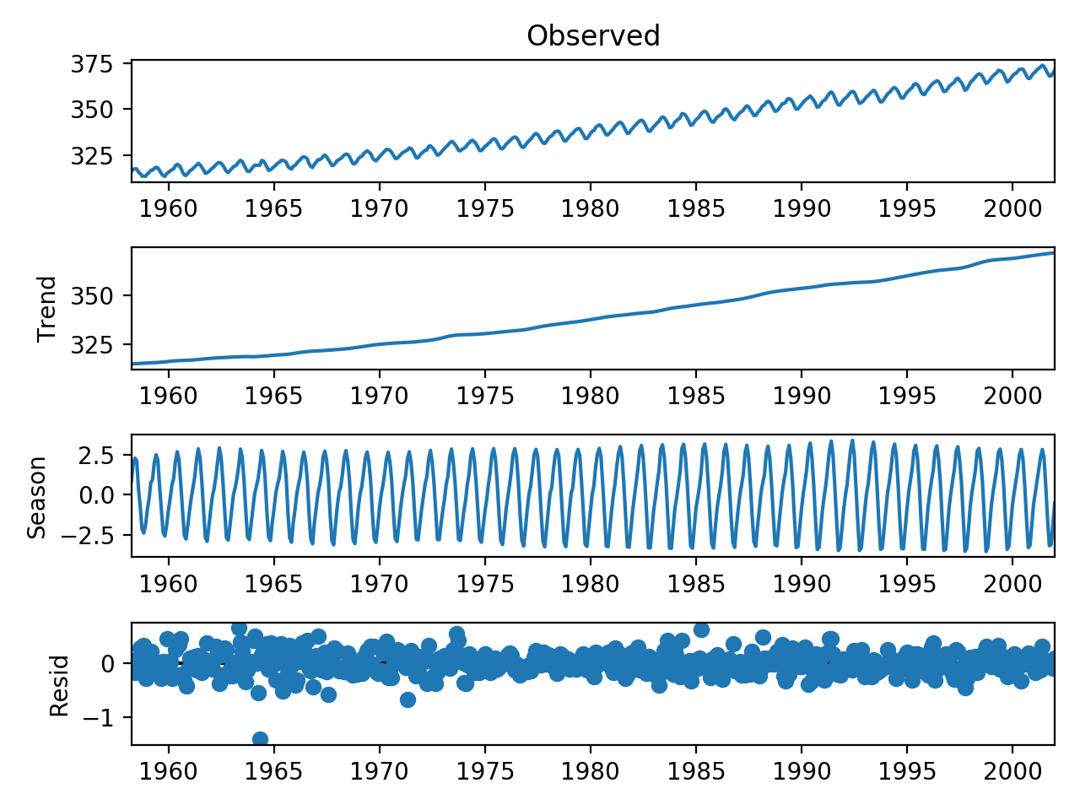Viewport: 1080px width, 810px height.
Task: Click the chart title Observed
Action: click(593, 35)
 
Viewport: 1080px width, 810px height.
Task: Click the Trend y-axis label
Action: click(47, 309)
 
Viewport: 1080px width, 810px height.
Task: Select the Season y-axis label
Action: click(37, 497)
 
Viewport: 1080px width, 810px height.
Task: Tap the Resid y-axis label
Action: click(59, 685)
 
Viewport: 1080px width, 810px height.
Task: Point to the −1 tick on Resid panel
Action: click(107, 718)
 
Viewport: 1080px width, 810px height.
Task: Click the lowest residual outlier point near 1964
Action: click(260, 739)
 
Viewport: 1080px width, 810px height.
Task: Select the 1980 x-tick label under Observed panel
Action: click(591, 208)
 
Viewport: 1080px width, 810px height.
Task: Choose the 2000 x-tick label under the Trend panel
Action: click(1012, 396)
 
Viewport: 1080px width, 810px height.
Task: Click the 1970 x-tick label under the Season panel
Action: click(379, 583)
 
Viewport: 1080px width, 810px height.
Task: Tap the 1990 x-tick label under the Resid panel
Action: click(802, 771)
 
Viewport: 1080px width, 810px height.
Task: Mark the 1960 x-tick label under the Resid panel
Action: click(168, 771)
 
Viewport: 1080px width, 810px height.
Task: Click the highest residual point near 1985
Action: click(700, 629)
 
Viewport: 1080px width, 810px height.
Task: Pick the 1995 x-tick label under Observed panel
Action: click(907, 208)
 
